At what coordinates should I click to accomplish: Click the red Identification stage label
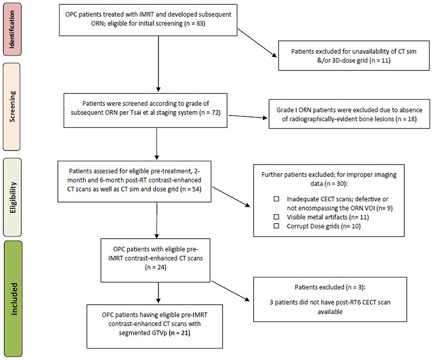(x=12, y=30)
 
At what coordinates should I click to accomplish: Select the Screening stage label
(x=12, y=107)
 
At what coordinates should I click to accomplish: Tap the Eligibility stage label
(x=12, y=197)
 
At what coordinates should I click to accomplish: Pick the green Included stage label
(x=13, y=299)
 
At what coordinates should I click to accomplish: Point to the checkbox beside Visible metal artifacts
(x=276, y=217)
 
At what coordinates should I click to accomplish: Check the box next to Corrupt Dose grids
(x=276, y=226)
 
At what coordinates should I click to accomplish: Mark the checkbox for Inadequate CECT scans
(x=276, y=199)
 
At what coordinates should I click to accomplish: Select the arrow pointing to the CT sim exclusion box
(x=257, y=43)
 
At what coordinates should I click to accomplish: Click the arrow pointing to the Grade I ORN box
(x=248, y=117)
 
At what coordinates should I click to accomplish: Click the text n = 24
(x=156, y=268)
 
